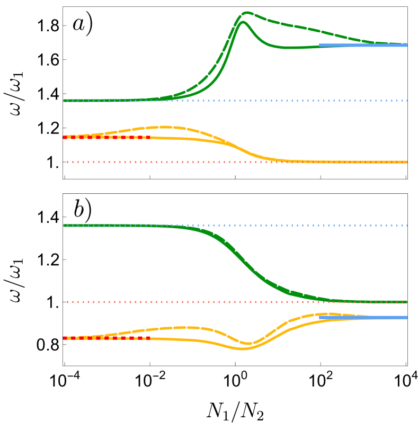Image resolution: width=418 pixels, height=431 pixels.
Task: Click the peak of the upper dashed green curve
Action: coord(247,12)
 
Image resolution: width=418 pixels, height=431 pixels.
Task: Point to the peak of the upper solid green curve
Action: coord(243,22)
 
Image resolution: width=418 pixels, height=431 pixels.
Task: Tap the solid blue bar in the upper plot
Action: coord(363,45)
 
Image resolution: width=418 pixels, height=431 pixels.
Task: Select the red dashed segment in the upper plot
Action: coord(106,137)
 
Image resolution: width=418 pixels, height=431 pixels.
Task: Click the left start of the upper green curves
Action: coord(65,100)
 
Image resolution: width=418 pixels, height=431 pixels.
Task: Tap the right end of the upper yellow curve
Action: coord(405,162)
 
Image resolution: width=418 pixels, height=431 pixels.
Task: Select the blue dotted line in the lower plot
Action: coord(318,225)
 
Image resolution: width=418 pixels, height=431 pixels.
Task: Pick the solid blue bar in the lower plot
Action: coord(363,318)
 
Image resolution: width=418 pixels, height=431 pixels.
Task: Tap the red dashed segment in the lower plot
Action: coord(106,338)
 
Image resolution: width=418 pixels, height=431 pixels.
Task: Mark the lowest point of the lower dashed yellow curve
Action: coord(247,343)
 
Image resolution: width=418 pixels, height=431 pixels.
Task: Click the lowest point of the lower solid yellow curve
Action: coord(242,348)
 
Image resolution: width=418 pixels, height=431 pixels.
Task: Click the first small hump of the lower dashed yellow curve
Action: coord(183,327)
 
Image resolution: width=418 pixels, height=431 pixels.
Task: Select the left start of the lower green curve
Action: coord(65,226)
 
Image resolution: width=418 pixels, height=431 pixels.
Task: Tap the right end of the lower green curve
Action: coord(405,302)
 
